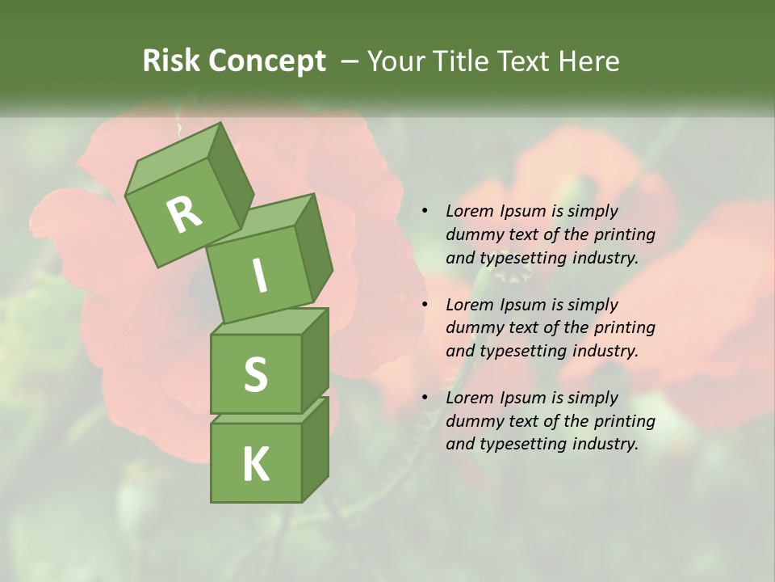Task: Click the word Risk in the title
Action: point(172,61)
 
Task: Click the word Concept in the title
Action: point(267,61)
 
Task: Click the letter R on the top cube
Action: point(184,214)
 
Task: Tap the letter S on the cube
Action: point(255,375)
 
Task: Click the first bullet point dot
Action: point(425,211)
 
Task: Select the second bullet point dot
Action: point(425,305)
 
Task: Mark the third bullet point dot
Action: point(425,398)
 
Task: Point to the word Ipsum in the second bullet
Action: point(522,305)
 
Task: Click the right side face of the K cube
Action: point(315,449)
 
